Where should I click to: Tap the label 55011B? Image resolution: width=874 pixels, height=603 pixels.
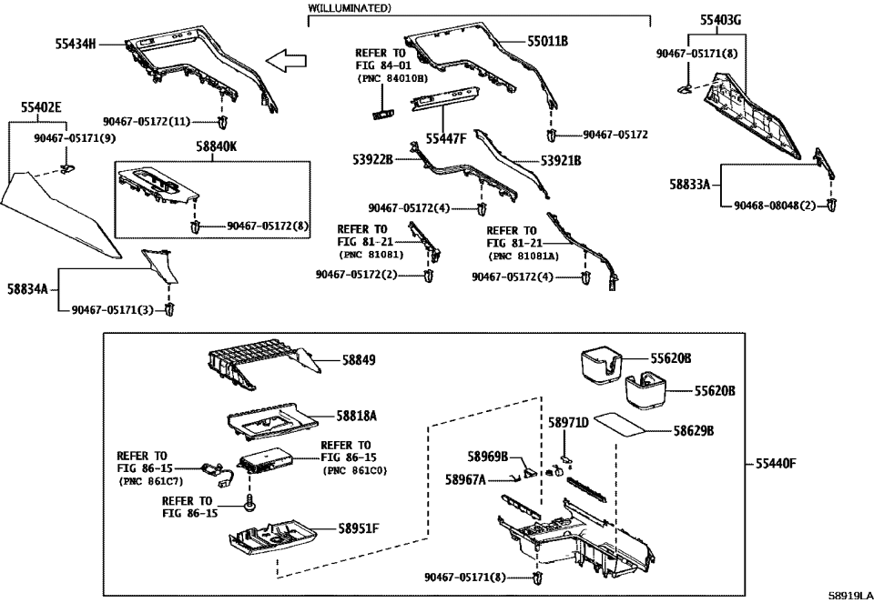pos(547,42)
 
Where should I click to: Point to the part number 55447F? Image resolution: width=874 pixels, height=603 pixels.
pos(446,138)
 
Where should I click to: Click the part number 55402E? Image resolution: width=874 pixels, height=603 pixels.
pos(41,107)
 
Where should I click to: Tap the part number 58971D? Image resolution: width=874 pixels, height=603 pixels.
pos(568,423)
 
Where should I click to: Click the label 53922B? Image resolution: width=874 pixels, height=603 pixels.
pos(373,160)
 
